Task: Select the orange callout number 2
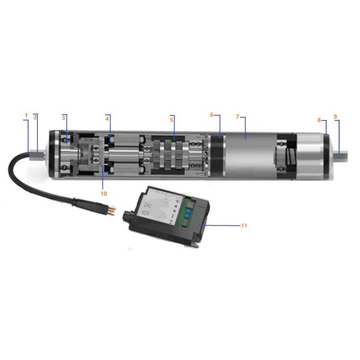coord(35,117)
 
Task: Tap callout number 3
coord(63,117)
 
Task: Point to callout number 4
coord(107,118)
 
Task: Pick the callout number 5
coord(172,120)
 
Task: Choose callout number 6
coord(212,115)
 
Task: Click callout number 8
coord(319,120)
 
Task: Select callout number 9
coord(335,116)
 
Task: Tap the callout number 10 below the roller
coord(104,194)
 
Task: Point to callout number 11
coord(244,226)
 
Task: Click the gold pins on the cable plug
coord(112,209)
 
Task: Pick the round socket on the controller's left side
coord(127,214)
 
